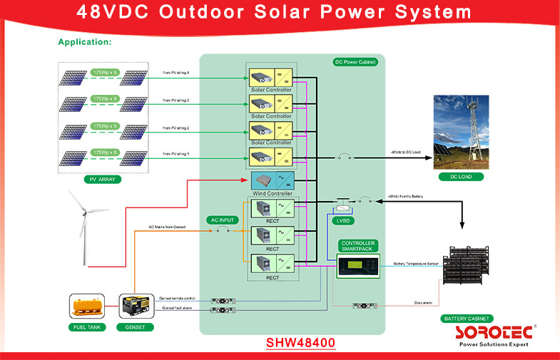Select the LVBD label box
coord(345,221)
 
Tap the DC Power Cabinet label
coord(355,62)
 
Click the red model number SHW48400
coord(300,342)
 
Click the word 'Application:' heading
coord(85,42)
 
